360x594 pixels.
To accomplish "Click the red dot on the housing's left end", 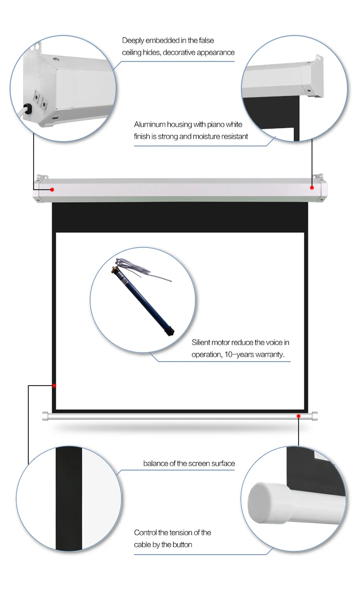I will click(52, 189).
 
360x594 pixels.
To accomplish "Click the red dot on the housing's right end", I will click(312, 188).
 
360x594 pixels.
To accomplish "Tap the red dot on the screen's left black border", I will click(54, 385).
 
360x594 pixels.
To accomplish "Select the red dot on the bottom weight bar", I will click(299, 416).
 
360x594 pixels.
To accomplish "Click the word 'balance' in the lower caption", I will click(156, 463).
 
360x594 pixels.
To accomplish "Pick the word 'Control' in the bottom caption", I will click(145, 533).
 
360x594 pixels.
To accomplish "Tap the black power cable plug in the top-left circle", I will click(28, 108).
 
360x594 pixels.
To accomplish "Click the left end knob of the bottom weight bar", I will click(46, 416).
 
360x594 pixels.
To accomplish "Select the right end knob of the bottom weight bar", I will click(314, 416).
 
